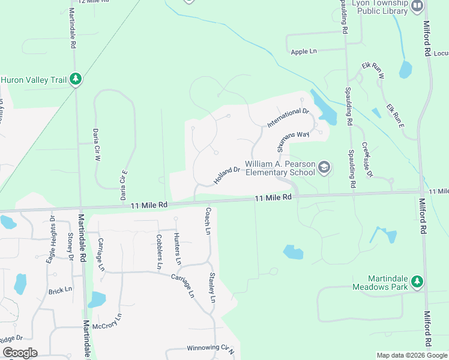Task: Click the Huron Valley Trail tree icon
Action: [76, 79]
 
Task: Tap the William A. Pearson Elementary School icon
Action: [325, 167]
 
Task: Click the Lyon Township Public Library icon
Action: [418, 5]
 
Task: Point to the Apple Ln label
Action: [303, 52]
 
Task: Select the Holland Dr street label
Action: [226, 175]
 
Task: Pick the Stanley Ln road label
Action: [212, 287]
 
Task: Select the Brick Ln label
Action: [60, 291]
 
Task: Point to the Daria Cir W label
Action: [95, 145]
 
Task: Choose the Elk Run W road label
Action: [373, 70]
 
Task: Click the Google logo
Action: [20, 353]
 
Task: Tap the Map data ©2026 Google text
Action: [411, 355]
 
